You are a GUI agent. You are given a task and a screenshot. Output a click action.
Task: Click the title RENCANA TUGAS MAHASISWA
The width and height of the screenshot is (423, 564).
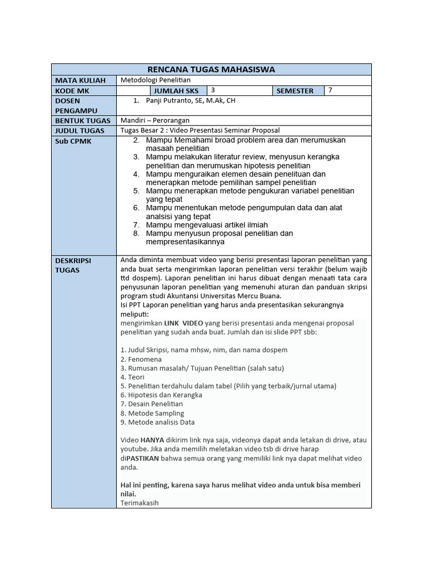(x=211, y=69)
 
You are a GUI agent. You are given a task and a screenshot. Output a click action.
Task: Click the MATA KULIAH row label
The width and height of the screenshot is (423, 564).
(x=80, y=80)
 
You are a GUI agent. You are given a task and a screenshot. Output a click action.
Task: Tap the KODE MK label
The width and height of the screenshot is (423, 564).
(x=72, y=91)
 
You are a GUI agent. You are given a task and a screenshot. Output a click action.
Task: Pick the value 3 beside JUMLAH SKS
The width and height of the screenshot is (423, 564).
(x=213, y=90)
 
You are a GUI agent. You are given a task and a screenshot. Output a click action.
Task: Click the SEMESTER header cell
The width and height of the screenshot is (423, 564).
(x=295, y=91)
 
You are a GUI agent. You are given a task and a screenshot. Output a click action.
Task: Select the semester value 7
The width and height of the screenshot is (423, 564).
(x=330, y=90)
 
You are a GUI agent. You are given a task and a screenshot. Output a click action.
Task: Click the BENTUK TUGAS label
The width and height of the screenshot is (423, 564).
(x=80, y=121)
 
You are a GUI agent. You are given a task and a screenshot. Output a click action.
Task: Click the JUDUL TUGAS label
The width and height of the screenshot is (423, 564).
(x=79, y=131)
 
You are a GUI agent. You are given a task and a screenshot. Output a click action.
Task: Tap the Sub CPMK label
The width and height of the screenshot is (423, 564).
(x=73, y=141)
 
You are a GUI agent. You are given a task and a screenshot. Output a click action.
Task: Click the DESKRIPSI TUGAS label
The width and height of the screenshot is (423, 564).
(x=73, y=264)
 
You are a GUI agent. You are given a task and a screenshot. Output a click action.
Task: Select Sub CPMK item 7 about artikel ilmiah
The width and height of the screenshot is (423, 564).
(x=199, y=225)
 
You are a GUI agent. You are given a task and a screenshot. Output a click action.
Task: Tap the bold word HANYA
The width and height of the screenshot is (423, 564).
(x=152, y=440)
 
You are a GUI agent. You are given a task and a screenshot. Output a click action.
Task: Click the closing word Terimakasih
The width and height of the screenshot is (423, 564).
(x=139, y=502)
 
